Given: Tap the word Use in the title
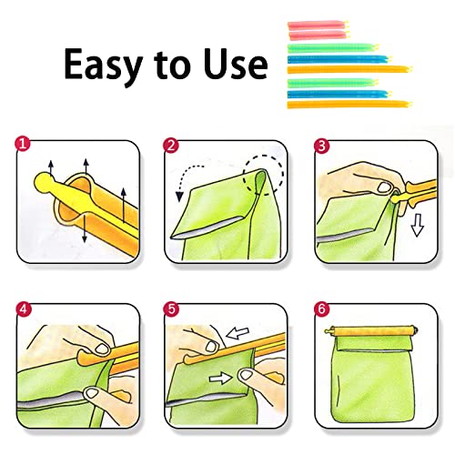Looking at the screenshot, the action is click(236, 64).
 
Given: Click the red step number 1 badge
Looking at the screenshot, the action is click(23, 144).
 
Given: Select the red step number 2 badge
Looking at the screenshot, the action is click(171, 146).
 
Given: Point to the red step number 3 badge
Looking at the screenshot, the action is click(322, 146).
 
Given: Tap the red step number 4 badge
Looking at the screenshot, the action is click(24, 309).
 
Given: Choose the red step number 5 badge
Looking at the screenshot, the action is click(171, 309).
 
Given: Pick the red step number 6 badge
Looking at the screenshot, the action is click(322, 309).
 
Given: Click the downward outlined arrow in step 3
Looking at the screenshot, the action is click(418, 225).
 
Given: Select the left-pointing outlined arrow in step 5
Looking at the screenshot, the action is click(238, 333).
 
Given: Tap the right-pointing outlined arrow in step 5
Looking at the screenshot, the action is click(220, 378).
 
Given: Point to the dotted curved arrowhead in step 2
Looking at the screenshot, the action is click(179, 197).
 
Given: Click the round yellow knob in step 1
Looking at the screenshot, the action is click(43, 182).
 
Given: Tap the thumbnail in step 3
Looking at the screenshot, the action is click(384, 187).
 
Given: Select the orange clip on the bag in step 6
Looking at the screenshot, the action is click(371, 331).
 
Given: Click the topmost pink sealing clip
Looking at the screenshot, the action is click(318, 25).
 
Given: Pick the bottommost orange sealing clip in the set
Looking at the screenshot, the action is click(349, 105).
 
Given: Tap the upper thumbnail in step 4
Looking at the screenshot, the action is click(102, 349).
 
